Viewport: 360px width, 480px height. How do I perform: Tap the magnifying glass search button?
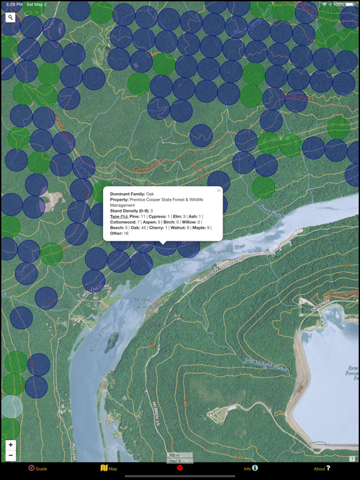[x=11, y=17]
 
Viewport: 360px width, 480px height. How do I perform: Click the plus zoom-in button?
[x=11, y=445]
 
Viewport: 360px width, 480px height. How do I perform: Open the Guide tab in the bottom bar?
[x=37, y=468]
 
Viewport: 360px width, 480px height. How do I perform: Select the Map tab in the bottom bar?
[x=109, y=468]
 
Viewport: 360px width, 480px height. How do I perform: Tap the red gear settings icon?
[x=180, y=468]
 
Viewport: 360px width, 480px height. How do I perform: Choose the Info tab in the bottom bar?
[x=251, y=468]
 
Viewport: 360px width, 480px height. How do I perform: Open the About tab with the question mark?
[x=322, y=468]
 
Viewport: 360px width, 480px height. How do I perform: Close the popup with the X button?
[x=219, y=191]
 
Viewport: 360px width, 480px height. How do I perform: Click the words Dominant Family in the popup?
[x=127, y=194]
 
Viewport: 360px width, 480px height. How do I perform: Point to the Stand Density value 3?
[x=151, y=211]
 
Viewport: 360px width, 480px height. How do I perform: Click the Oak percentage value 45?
[x=144, y=228]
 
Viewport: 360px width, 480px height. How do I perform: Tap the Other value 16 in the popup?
[x=126, y=234]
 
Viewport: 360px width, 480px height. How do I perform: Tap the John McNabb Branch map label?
[x=265, y=366]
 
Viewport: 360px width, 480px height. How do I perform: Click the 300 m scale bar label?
[x=173, y=456]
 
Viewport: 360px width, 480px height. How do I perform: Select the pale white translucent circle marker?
[x=11, y=407]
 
